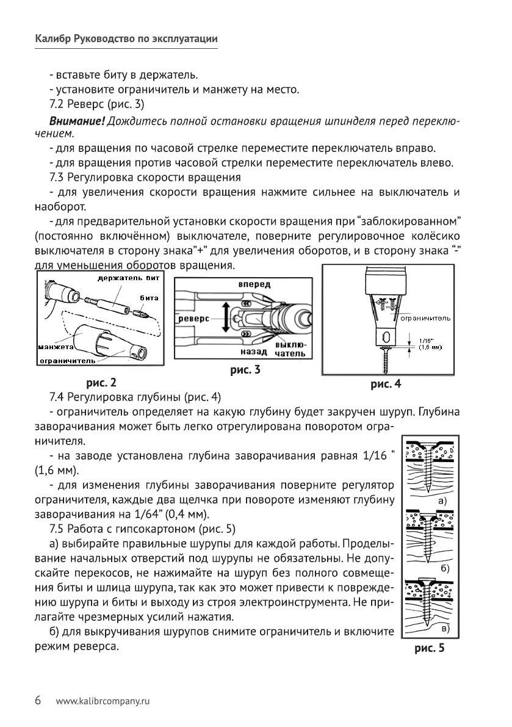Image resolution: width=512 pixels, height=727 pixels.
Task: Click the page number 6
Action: point(38,700)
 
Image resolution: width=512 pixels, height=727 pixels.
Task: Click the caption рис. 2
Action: point(101,383)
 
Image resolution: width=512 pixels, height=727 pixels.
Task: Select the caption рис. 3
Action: point(245,370)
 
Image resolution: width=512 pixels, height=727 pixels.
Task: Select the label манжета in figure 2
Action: point(56,346)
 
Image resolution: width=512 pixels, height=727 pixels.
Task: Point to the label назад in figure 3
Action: point(254,353)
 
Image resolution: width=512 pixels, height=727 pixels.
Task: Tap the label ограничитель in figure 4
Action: point(425,318)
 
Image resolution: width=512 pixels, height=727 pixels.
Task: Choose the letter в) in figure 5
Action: point(445,628)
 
